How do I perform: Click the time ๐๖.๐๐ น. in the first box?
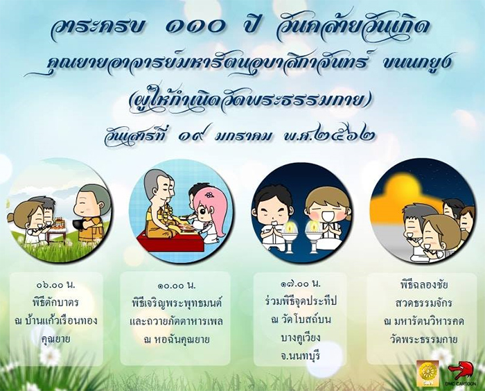56,284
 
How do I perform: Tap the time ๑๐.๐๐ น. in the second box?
175,285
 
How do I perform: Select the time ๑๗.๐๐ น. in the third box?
300,283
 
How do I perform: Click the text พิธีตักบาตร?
55,302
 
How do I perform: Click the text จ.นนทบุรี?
300,356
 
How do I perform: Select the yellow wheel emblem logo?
427,373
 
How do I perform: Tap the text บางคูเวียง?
300,338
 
